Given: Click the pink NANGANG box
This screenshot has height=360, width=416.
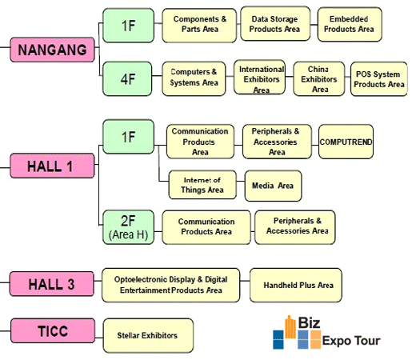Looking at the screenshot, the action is pos(52,50).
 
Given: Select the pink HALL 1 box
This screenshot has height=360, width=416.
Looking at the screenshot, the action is pos(52,166).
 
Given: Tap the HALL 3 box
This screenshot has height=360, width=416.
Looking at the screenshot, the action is pos(52,284).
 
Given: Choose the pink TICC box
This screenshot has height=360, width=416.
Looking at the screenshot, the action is pos(53,330).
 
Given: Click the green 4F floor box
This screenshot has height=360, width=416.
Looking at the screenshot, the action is pos(127,78).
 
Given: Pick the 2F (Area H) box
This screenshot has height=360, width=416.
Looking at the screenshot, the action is pos(129,227).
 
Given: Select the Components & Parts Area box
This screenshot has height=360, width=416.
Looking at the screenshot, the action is pos(199,26).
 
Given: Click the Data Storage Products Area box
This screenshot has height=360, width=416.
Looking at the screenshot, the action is pos(275,24).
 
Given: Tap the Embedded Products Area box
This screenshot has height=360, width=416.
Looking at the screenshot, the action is pos(350,24).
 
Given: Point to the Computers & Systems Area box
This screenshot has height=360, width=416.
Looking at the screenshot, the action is pos(194,78).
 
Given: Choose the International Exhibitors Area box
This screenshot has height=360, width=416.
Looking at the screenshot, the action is pos(259,77).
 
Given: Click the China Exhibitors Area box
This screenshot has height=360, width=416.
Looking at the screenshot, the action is pos(319,78).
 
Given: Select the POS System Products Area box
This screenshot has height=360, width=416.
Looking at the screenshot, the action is pos(379,79).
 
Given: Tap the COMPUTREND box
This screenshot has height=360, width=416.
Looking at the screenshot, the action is pos(346,142).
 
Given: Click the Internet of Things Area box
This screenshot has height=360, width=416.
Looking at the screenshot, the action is pos(202,185).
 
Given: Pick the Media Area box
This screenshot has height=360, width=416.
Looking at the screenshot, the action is pos(274,186).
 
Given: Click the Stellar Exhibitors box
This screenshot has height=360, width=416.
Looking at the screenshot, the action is pos(148,335).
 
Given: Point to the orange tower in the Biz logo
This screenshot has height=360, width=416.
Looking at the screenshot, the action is pos(290,327).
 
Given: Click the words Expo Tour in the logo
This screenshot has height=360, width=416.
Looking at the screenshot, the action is pos(351,341).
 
